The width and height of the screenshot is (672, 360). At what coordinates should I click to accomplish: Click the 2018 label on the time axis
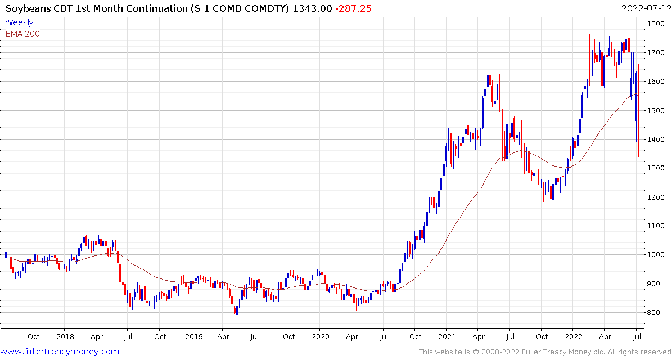point(65,337)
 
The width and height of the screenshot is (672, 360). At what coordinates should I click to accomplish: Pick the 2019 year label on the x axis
point(193,337)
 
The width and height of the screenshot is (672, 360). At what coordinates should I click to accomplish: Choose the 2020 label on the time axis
point(320,337)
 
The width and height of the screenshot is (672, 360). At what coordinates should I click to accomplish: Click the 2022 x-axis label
point(573,337)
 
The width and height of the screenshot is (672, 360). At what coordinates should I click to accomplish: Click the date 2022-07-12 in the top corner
point(645,8)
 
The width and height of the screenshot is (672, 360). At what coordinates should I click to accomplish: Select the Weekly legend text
point(19,23)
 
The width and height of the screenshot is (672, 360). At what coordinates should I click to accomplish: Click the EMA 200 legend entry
point(22,34)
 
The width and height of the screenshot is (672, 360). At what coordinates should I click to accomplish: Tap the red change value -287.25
point(353,8)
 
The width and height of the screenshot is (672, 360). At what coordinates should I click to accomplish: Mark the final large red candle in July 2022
point(639,112)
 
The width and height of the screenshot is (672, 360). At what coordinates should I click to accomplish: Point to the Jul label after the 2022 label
point(637,337)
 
